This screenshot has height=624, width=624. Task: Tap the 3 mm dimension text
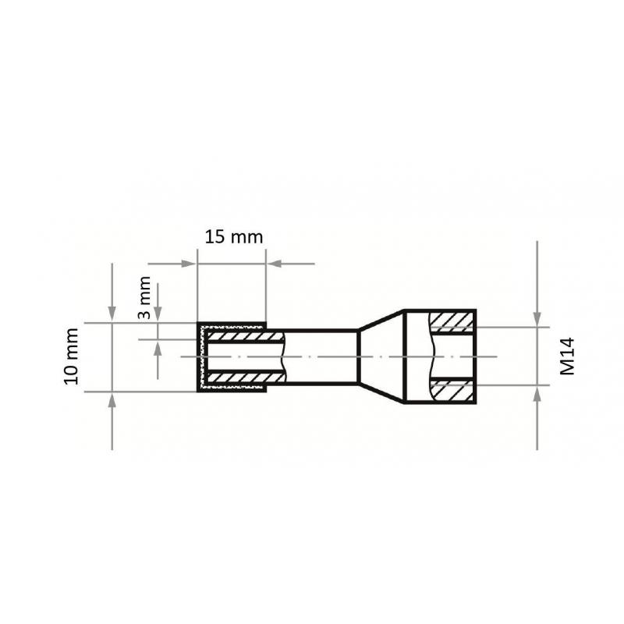click(x=144, y=298)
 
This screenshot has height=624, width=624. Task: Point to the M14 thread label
click(x=567, y=356)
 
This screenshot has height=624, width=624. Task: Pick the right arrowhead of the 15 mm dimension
click(x=274, y=264)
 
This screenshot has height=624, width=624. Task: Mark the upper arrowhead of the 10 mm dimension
click(x=112, y=316)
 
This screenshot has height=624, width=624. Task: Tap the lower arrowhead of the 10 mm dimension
click(x=112, y=398)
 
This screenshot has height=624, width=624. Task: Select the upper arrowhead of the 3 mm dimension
click(x=158, y=314)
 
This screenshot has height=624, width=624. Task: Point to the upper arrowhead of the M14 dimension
click(x=537, y=319)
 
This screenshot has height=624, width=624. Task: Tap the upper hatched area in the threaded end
click(x=452, y=321)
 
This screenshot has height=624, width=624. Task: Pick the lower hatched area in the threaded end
click(x=452, y=391)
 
